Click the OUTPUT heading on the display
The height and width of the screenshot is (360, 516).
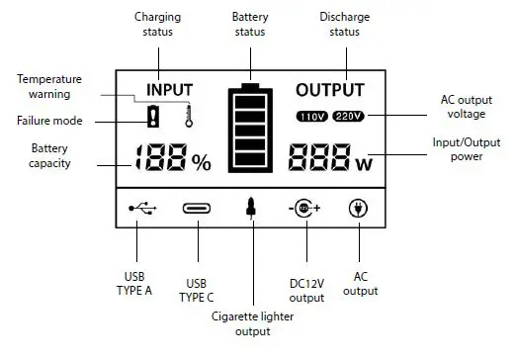pos(329,89)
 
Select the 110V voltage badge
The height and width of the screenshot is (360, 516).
pos(312,117)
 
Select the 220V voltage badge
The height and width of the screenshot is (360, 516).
pos(348,117)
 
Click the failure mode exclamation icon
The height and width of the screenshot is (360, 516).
pos(153,118)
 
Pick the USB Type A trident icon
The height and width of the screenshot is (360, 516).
pos(142,209)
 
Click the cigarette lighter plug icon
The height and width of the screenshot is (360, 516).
pos(251,209)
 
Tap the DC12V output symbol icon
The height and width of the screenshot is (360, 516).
pos(305,209)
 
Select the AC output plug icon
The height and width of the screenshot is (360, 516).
pos(356,209)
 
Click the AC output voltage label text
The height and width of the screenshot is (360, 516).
pos(466,106)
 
